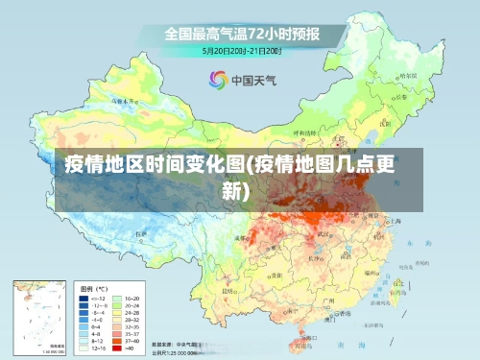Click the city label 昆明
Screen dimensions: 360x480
(x=228, y=290)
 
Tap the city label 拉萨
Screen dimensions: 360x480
(x=141, y=233)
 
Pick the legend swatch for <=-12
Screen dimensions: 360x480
(x=84, y=300)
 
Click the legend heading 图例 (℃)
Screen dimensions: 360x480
(x=93, y=288)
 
